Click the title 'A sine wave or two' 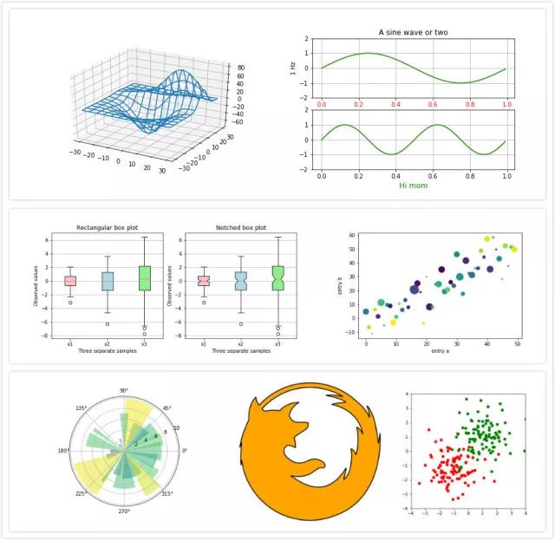[x=414, y=32]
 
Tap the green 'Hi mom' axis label [x=414, y=185]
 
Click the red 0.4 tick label [x=395, y=105]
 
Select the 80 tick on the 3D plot [x=239, y=67]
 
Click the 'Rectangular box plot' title [x=107, y=228]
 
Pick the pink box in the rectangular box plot [x=70, y=280]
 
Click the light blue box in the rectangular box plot [x=107, y=281]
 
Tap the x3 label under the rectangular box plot [x=144, y=343]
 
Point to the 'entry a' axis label [x=441, y=352]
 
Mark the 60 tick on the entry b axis [x=353, y=235]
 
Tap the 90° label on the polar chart [x=124, y=392]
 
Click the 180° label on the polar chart [x=63, y=451]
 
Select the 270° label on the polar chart [x=124, y=512]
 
